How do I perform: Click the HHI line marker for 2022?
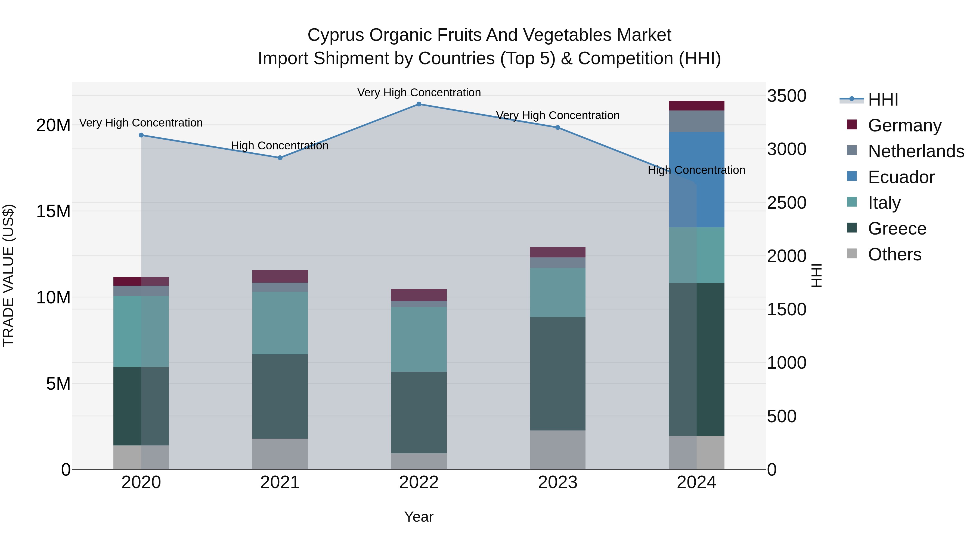click(x=419, y=104)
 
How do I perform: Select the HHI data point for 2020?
click(x=141, y=135)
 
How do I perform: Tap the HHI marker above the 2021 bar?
click(x=280, y=158)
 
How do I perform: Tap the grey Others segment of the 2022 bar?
click(x=419, y=461)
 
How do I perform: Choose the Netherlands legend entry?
click(x=916, y=151)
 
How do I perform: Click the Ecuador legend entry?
click(x=901, y=177)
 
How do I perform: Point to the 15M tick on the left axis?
click(x=53, y=211)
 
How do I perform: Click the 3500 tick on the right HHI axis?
click(x=786, y=96)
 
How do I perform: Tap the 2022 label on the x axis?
click(x=419, y=482)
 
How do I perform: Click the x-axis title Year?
click(x=419, y=517)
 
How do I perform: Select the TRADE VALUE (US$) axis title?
click(x=9, y=275)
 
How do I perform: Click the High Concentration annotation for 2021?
click(x=280, y=146)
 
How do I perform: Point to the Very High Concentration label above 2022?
click(x=419, y=93)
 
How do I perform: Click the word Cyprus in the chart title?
click(x=336, y=35)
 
